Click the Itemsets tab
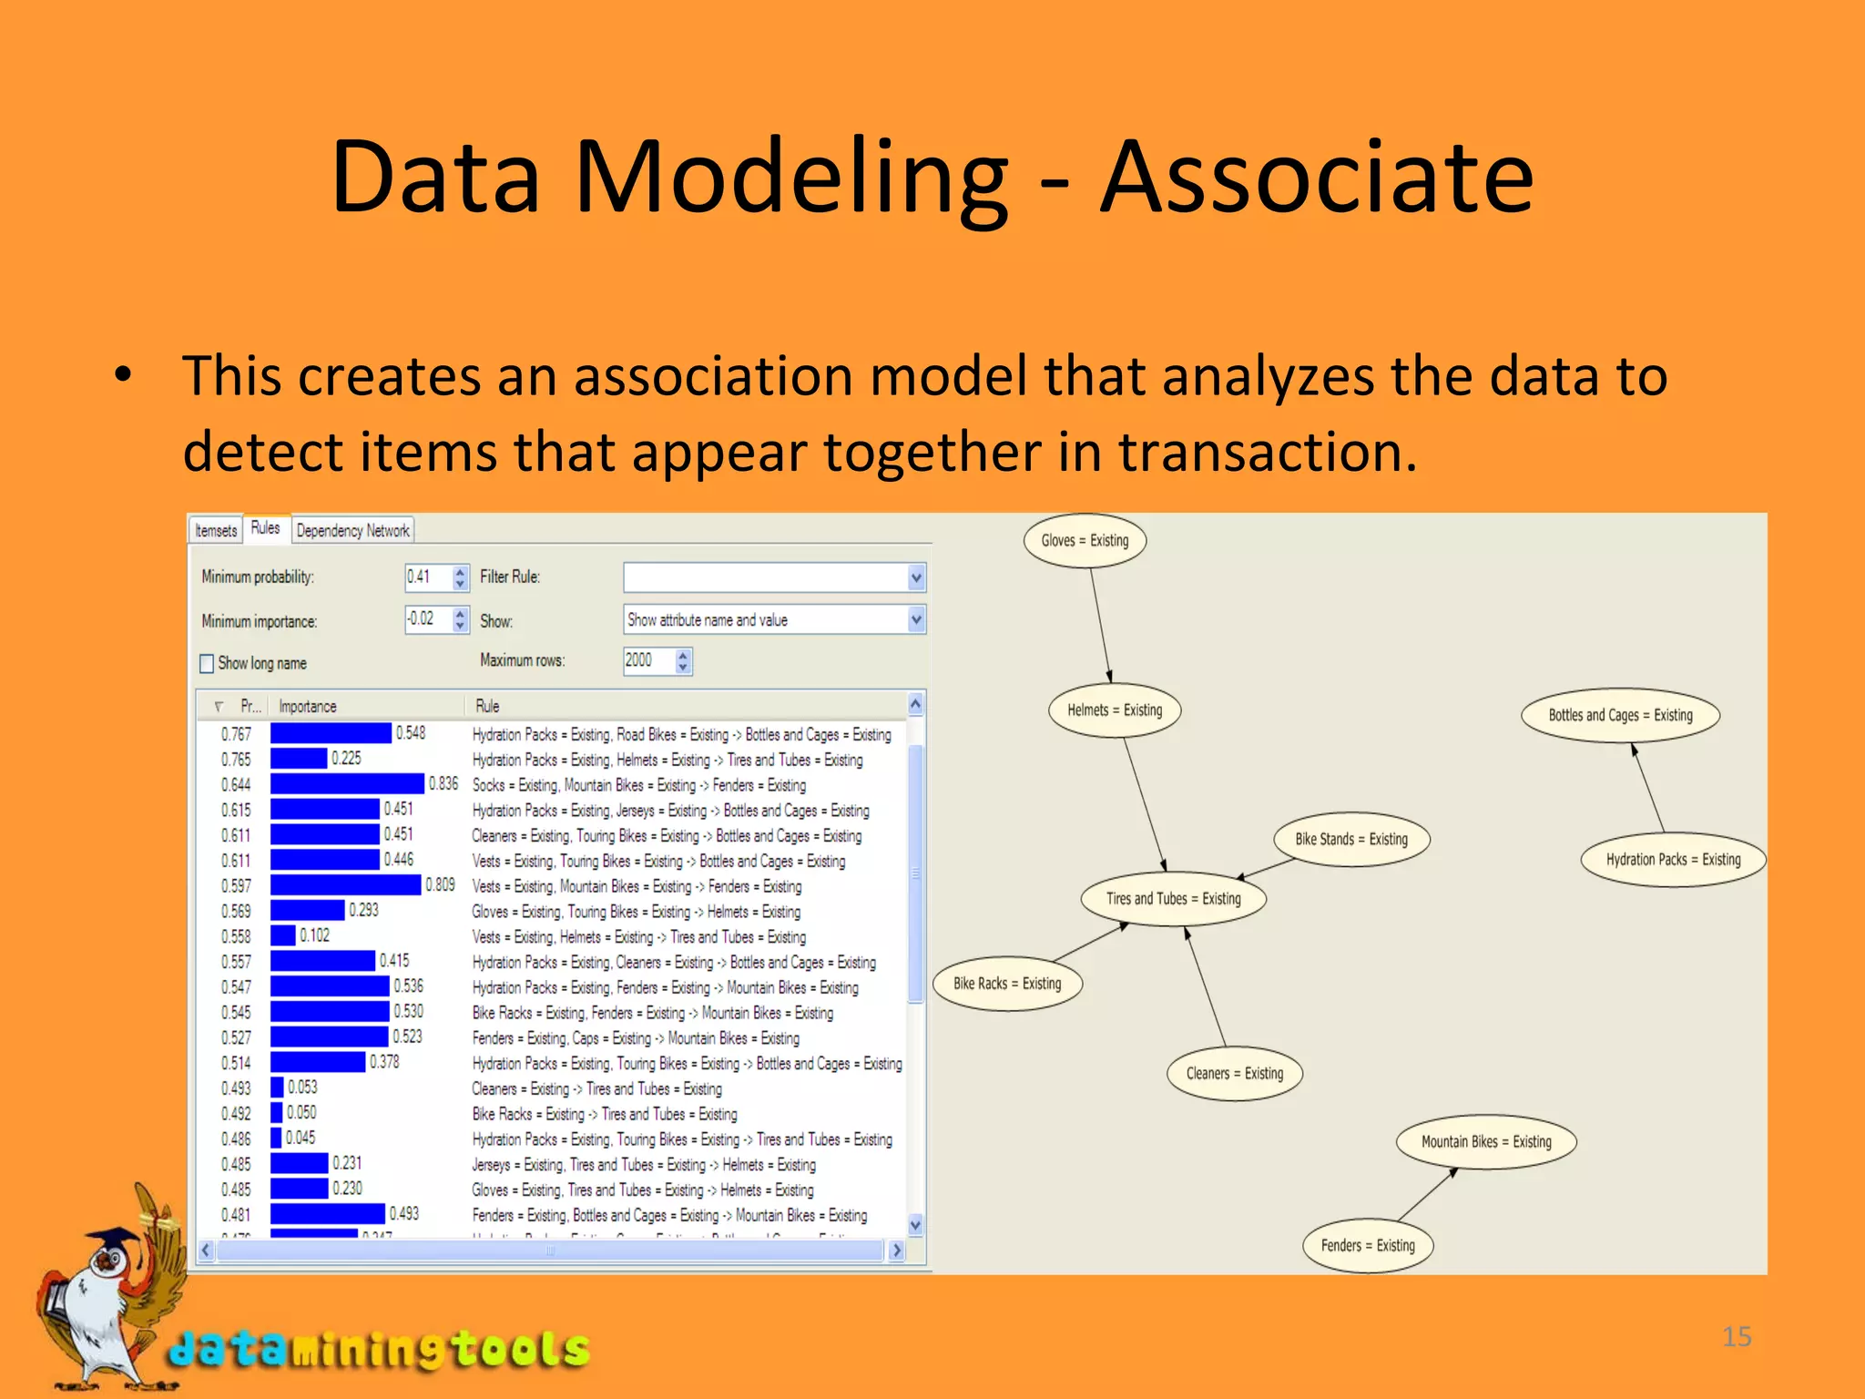coord(216,531)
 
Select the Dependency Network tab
coord(352,531)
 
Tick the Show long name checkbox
coord(207,663)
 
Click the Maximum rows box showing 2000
coord(647,660)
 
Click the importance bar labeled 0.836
coord(347,784)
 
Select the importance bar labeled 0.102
coord(283,935)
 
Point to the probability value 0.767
coord(236,734)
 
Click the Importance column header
coord(308,706)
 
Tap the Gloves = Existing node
coord(1084,540)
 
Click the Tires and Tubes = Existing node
coord(1173,899)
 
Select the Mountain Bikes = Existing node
coord(1486,1142)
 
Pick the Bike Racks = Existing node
coord(1007,984)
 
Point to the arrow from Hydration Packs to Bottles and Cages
coord(1648,789)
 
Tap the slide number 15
coord(1737,1336)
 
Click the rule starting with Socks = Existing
coord(638,785)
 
